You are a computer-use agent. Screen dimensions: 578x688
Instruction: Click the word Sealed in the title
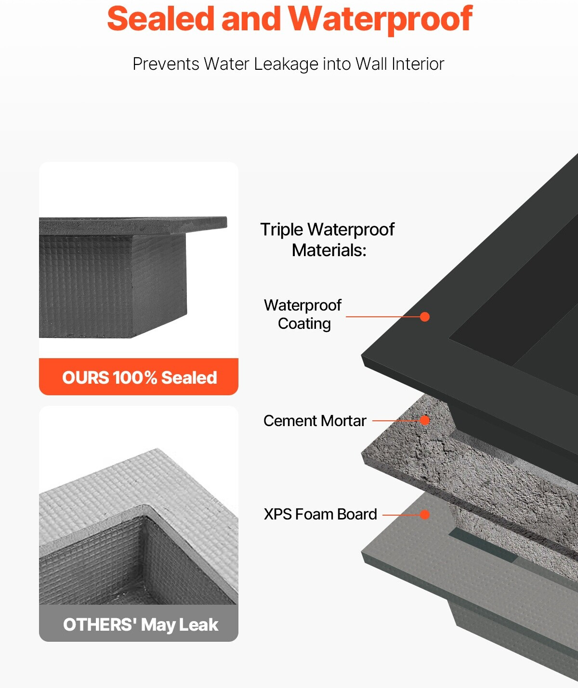tap(161, 19)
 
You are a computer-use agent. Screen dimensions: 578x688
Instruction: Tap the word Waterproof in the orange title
tap(380, 20)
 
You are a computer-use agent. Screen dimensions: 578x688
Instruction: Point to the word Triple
tap(282, 230)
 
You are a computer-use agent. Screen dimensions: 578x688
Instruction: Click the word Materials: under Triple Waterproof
tap(329, 250)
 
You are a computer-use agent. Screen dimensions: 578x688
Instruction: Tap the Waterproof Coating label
tap(303, 314)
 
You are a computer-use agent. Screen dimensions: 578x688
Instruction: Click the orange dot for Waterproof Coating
tap(425, 317)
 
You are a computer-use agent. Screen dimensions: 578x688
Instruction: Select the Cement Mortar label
tap(315, 421)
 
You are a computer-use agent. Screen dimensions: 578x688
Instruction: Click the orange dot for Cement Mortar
tap(425, 420)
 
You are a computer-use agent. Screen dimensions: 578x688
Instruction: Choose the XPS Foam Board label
tap(320, 514)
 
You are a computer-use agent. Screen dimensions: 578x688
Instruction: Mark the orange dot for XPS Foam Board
tap(425, 514)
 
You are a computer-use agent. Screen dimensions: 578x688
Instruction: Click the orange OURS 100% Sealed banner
tap(139, 376)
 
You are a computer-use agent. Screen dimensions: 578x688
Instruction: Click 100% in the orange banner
tap(134, 377)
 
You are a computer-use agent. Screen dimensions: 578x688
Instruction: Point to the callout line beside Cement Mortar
tap(396, 421)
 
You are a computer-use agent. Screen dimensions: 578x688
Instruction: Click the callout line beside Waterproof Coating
tap(383, 317)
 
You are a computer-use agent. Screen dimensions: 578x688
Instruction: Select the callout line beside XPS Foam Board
tap(402, 515)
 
